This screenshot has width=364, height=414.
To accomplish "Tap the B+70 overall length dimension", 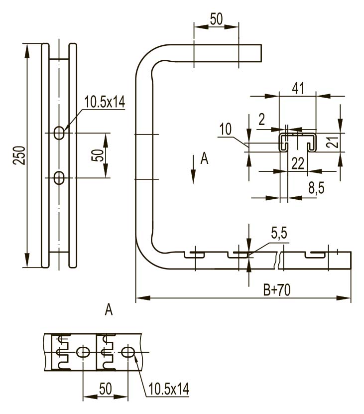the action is [x=277, y=290].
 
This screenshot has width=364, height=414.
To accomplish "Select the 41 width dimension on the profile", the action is [x=298, y=88].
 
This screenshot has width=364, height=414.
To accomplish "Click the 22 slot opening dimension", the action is [x=298, y=164].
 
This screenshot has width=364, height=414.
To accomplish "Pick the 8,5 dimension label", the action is [x=316, y=188].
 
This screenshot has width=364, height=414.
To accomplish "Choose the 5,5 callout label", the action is [x=279, y=233].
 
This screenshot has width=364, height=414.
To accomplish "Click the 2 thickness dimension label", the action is [x=261, y=120].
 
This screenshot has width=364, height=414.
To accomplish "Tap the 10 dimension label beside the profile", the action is [x=226, y=130].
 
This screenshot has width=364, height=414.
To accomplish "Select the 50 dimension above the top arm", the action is [x=217, y=19].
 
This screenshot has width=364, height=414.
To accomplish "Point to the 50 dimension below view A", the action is [x=106, y=389].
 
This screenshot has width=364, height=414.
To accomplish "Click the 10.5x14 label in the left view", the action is [x=105, y=102].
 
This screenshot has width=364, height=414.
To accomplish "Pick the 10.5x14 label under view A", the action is [x=169, y=389].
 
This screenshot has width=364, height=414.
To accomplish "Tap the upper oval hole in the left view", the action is [x=59, y=133].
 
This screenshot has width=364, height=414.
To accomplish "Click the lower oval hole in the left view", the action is [x=59, y=178].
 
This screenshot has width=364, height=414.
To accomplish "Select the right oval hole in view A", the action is [x=128, y=352].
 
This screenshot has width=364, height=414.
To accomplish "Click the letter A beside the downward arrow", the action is [x=205, y=159].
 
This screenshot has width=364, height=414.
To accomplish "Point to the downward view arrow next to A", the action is [x=193, y=169].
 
